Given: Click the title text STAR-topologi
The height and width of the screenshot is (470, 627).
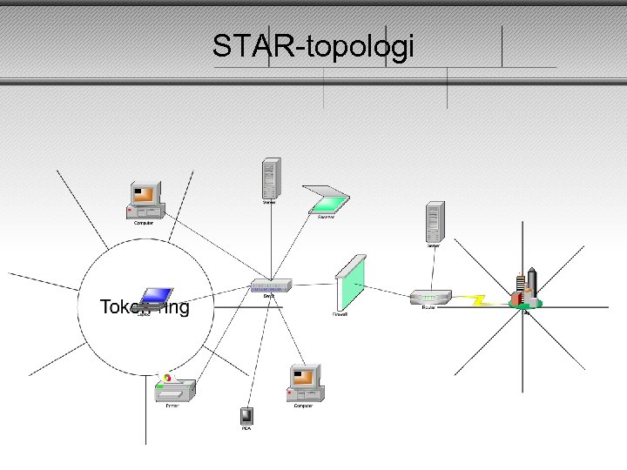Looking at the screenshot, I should point(313,46).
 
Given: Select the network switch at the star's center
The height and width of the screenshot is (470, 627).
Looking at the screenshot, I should point(270,285).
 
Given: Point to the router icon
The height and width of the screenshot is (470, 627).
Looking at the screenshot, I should point(429,298).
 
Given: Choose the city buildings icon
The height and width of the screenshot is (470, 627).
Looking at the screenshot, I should point(526,290).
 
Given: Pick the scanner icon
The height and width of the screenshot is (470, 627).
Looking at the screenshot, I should point(326,199).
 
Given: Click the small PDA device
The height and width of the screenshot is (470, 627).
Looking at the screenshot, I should point(246,415).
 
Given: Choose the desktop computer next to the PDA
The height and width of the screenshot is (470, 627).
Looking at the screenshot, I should point(304,383).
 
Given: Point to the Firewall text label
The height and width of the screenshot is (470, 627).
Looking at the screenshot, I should point(340,314).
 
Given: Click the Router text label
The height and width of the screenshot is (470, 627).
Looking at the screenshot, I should point(428,307).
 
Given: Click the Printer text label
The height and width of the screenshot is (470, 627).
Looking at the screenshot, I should point(172,406).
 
